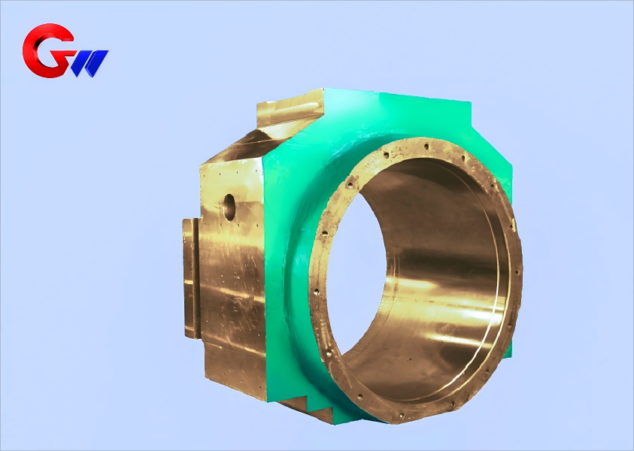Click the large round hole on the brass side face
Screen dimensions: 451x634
(229, 206)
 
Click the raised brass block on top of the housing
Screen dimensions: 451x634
(290, 108)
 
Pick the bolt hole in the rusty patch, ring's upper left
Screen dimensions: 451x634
(350, 180)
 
